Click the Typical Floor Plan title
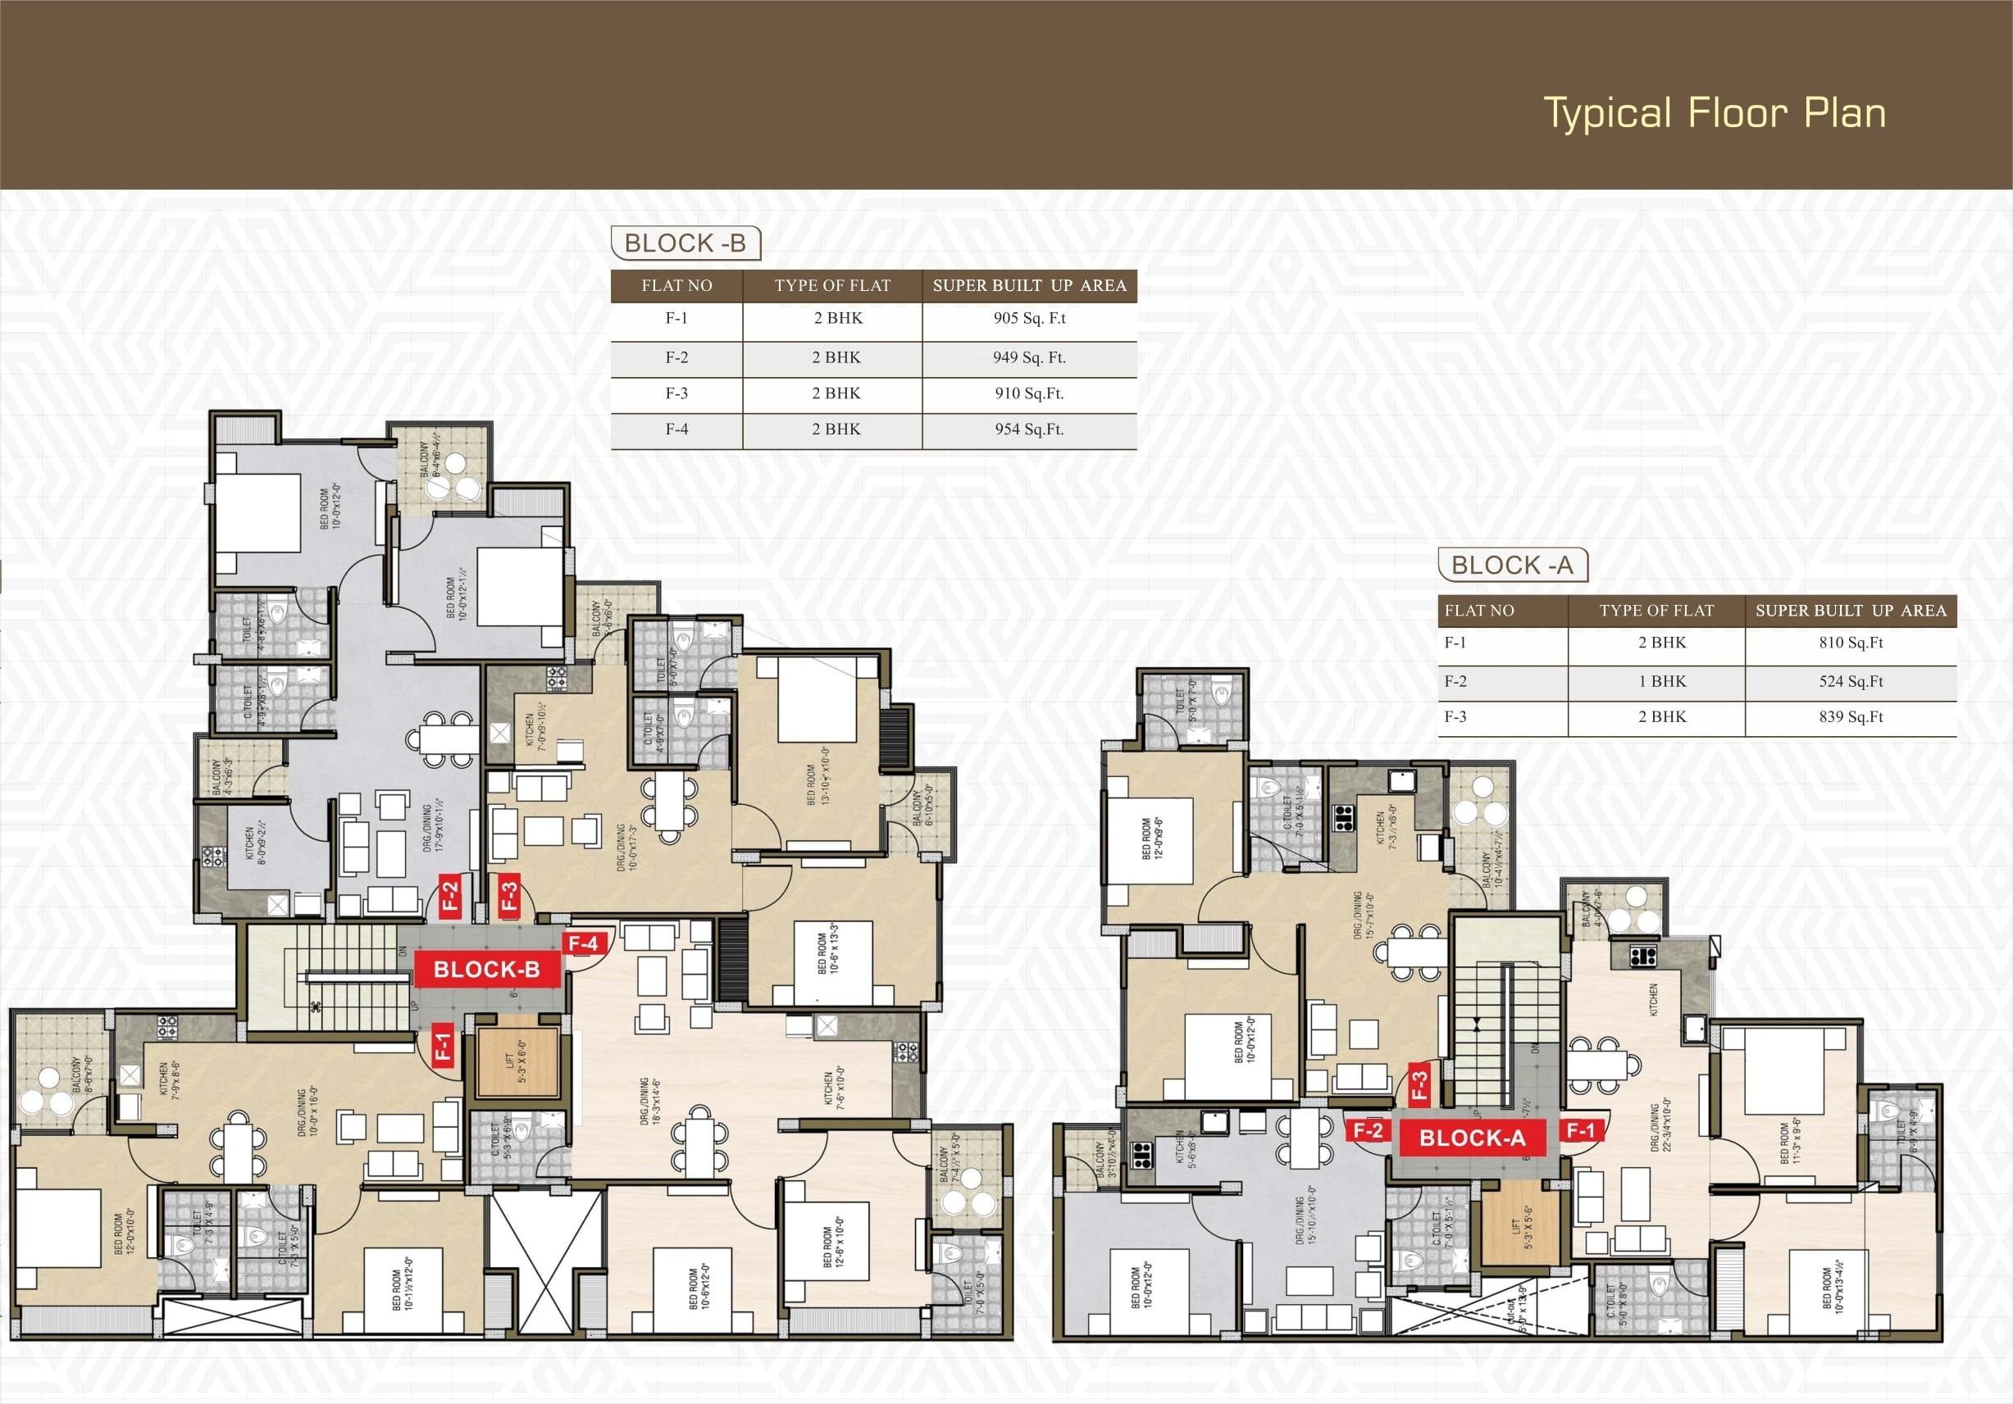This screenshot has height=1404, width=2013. [x=1713, y=114]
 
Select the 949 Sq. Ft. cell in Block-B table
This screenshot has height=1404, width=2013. [x=1029, y=357]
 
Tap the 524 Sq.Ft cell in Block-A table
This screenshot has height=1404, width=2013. [x=1850, y=681]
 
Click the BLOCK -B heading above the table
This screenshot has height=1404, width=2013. [x=685, y=243]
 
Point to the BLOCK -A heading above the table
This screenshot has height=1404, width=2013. [x=1512, y=566]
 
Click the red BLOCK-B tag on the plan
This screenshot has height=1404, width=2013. [x=486, y=970]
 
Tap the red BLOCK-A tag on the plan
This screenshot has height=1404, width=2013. [x=1472, y=1138]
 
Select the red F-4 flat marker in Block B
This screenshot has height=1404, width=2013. [x=583, y=944]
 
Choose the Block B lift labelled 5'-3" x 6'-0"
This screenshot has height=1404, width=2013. [x=517, y=1062]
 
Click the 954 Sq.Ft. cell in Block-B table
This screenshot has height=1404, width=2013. [x=1029, y=429]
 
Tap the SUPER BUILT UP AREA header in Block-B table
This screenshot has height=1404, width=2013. [x=1029, y=286]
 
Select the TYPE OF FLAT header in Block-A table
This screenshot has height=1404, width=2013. [x=1656, y=611]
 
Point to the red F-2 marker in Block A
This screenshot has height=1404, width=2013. [x=1367, y=1130]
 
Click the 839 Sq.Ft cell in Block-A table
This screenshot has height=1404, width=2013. [x=1850, y=717]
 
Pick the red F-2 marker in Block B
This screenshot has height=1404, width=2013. [x=449, y=896]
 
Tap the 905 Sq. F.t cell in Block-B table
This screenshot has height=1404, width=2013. [x=1029, y=318]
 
